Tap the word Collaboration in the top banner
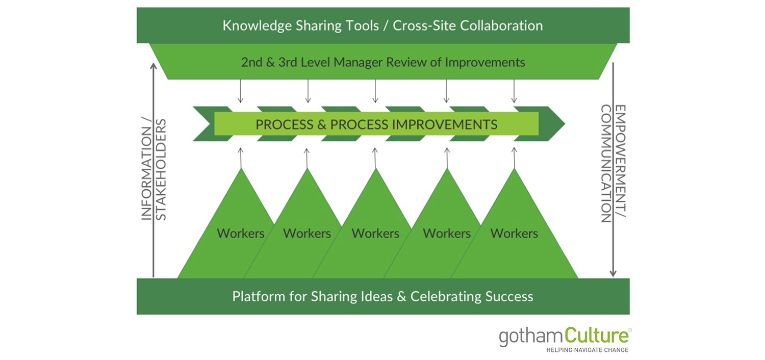(501, 25)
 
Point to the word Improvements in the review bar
(485, 62)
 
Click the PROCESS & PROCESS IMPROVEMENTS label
(376, 124)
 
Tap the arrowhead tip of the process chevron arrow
(565, 123)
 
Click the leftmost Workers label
(241, 233)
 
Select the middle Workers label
(375, 233)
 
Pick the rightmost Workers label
(514, 233)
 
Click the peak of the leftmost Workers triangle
(241, 169)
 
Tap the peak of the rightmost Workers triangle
(514, 169)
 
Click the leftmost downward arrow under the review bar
(240, 91)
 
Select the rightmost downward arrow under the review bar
(514, 91)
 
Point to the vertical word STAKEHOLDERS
(161, 169)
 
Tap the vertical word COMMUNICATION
(606, 163)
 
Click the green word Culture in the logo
(596, 336)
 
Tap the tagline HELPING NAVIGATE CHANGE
(588, 350)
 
